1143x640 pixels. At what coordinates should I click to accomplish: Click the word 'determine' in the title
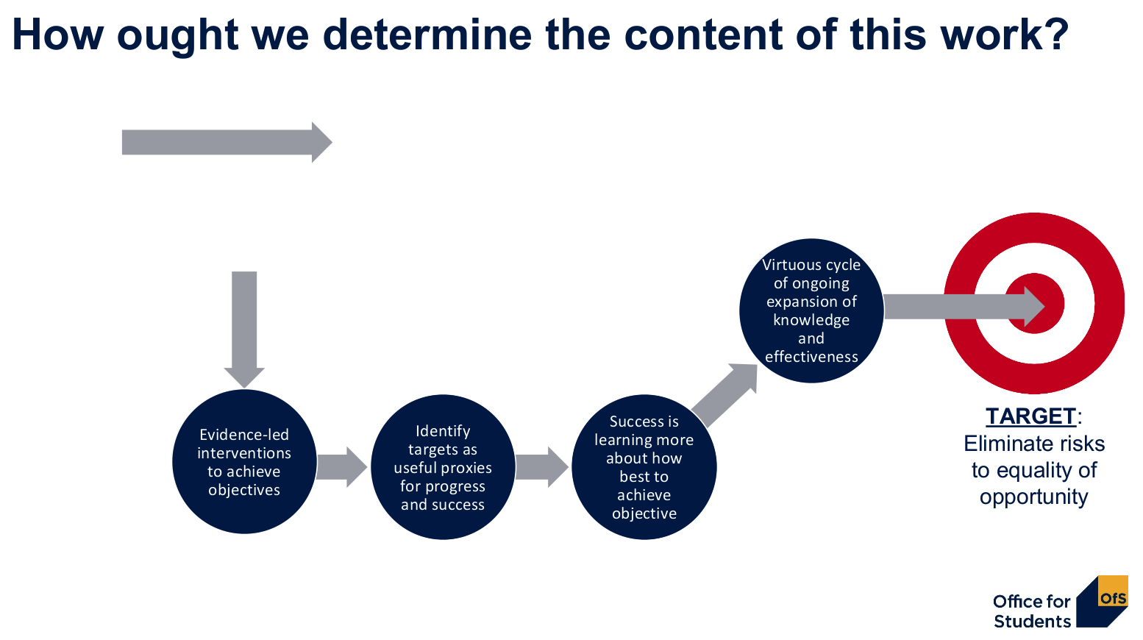(x=427, y=35)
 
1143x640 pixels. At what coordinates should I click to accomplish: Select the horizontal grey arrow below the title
(x=227, y=143)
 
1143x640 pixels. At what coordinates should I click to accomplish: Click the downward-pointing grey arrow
(x=244, y=329)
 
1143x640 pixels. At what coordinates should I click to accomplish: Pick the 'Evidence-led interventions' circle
(x=244, y=461)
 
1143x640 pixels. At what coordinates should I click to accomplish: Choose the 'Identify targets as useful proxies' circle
(x=443, y=467)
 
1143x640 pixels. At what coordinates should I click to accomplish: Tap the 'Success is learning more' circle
(x=644, y=467)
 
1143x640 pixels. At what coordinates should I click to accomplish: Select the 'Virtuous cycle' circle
(x=811, y=310)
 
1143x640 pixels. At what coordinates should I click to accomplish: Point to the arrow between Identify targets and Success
(x=542, y=467)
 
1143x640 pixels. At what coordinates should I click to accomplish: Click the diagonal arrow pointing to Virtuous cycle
(x=724, y=394)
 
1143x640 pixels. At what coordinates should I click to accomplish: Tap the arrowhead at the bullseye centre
(x=1034, y=306)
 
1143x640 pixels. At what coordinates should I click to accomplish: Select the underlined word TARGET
(x=1030, y=416)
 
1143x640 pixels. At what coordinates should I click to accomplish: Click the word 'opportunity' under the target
(x=1034, y=497)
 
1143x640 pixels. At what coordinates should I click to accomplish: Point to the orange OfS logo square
(x=1113, y=591)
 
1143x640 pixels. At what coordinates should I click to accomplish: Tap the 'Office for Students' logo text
(x=1032, y=611)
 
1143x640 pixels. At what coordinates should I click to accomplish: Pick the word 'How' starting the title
(x=57, y=35)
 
